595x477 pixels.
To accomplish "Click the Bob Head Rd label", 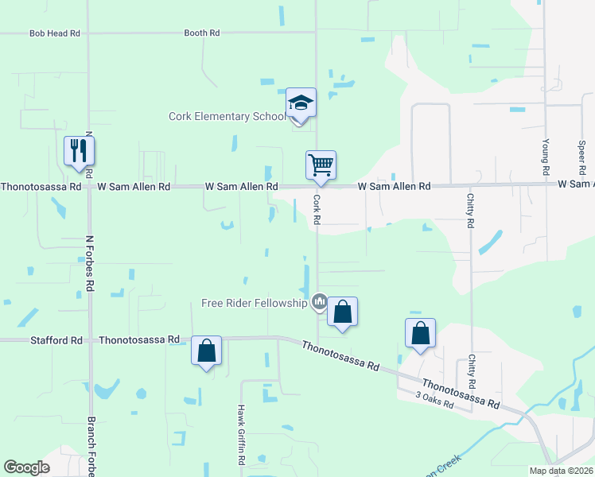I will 55,33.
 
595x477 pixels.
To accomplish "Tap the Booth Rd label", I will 201,33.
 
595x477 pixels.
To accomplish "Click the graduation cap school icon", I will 301,103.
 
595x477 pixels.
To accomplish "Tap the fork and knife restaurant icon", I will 79,150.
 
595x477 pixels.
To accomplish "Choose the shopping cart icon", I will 321,165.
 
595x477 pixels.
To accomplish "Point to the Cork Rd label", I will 317,209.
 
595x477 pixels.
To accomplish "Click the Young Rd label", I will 546,156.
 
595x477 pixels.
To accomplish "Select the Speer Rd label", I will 581,156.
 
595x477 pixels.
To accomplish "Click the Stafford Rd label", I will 56,340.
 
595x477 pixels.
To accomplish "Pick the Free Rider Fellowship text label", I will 254,303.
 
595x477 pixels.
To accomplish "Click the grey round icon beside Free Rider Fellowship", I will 320,301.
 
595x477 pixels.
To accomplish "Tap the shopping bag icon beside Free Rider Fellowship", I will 342,312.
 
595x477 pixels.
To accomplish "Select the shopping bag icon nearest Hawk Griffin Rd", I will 206,351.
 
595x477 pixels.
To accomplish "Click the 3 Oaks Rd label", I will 435,400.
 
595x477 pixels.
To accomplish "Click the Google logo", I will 26,467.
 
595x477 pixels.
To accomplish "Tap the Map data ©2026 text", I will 561,471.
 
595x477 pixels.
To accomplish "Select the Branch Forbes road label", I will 91,446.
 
